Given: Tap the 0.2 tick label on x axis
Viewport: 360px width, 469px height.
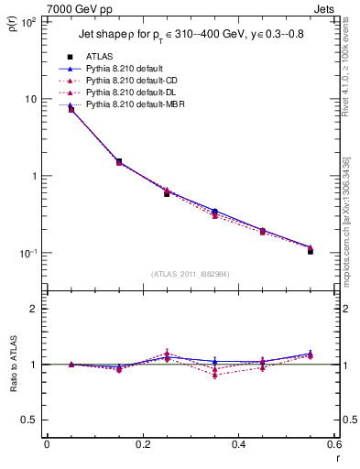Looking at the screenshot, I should coord(142,446).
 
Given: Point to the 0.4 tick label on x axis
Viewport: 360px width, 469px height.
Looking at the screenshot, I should coord(238,446).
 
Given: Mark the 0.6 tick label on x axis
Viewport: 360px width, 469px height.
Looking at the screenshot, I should coord(333,446).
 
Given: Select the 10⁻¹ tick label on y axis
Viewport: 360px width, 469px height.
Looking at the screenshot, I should coord(27,253).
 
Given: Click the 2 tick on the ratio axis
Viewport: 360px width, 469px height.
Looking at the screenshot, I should coord(34,309).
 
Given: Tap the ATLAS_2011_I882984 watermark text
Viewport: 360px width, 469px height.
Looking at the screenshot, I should coord(190,274).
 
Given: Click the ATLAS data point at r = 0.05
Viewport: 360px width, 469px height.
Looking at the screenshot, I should coord(71,109).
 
